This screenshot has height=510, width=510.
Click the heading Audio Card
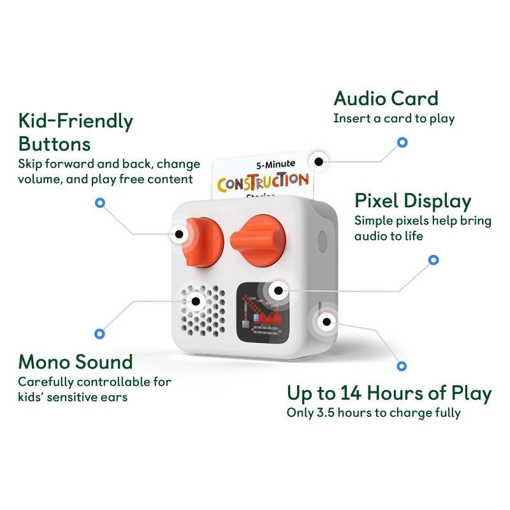(386, 99)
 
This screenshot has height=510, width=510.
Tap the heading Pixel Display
(412, 201)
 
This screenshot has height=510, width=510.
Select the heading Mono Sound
(75, 362)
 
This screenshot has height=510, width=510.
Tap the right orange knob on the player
(258, 239)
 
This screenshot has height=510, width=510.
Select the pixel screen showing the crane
(265, 312)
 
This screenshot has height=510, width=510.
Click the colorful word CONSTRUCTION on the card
(263, 182)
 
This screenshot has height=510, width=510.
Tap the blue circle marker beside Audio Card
(402, 142)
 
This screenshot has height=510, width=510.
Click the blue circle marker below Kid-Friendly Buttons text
(99, 203)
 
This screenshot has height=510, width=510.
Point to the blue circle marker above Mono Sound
(99, 333)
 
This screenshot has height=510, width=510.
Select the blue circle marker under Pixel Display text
(433, 259)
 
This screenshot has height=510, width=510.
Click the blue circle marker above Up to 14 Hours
(402, 366)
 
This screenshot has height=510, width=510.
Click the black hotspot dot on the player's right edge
(327, 321)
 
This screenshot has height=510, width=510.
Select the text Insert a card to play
(394, 119)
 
